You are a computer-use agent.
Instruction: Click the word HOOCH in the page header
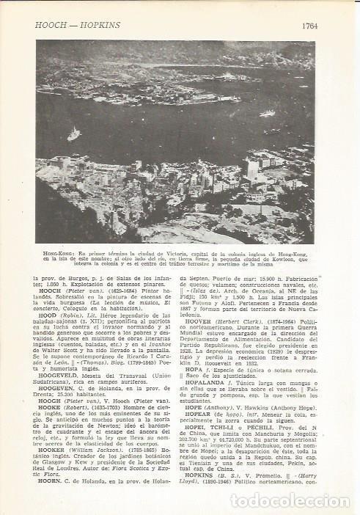pos(49,25)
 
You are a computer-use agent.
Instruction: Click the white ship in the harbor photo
pos(73,134)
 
